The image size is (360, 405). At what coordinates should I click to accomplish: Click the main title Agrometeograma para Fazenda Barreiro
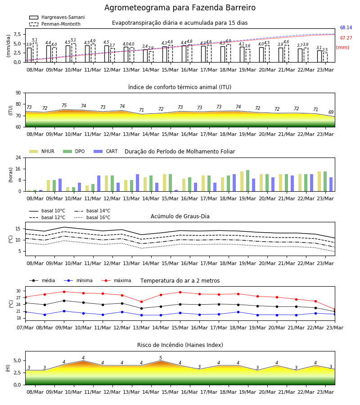pyautogui.click(x=180, y=8)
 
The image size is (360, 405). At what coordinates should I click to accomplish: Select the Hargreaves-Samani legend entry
pyautogui.click(x=57, y=17)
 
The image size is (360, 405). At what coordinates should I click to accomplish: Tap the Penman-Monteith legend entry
pyautogui.click(x=55, y=24)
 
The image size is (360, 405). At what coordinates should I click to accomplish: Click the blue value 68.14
pyautogui.click(x=346, y=27)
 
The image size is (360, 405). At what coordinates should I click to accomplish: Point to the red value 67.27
pyautogui.click(x=346, y=38)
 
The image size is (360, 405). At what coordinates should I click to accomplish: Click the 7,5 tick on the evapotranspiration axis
pyautogui.click(x=17, y=34)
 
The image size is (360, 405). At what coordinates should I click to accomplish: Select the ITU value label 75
pyautogui.click(x=64, y=105)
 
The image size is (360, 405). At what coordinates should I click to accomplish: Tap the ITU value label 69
pyautogui.click(x=331, y=112)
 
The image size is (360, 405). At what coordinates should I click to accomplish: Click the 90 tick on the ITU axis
pyautogui.click(x=18, y=93)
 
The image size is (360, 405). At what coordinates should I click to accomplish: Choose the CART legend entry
pyautogui.click(x=106, y=151)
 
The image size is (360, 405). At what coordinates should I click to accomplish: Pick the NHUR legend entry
pyautogui.click(x=42, y=151)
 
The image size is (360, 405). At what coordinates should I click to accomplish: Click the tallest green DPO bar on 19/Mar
pyautogui.click(x=247, y=180)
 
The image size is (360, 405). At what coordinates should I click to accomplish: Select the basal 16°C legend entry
pyautogui.click(x=92, y=217)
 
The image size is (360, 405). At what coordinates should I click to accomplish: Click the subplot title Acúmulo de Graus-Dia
pyautogui.click(x=180, y=216)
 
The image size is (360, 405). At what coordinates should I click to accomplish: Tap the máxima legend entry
pyautogui.click(x=116, y=280)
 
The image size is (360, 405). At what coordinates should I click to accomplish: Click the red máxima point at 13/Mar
pyautogui.click(x=141, y=301)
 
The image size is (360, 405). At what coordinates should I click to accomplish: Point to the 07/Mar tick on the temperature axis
pyautogui.click(x=25, y=328)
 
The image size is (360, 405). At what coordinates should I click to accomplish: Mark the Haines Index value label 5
pyautogui.click(x=161, y=358)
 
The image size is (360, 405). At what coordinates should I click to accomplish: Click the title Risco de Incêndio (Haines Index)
pyautogui.click(x=180, y=345)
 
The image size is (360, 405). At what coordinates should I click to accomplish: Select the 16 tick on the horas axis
pyautogui.click(x=18, y=169)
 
